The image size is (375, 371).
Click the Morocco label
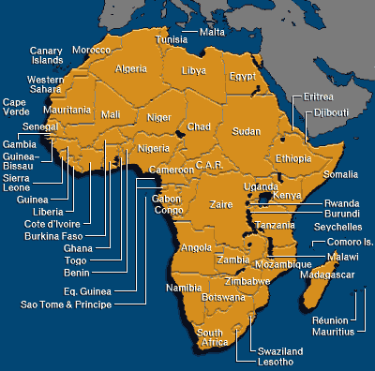coord(91,49)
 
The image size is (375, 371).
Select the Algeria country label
coord(130,68)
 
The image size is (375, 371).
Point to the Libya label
coord(193,70)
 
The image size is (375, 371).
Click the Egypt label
coord(243,76)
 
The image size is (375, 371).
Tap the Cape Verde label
coord(16,107)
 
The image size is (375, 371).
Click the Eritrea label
coord(310,96)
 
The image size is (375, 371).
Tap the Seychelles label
coord(337,227)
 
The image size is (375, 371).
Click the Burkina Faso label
coord(54,236)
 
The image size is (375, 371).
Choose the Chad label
coord(199,126)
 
